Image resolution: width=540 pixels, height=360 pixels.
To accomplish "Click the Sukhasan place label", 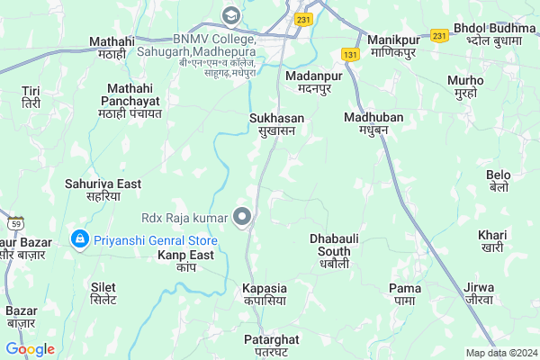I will click(x=277, y=124).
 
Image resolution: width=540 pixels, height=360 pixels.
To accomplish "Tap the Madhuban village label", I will click(x=373, y=123).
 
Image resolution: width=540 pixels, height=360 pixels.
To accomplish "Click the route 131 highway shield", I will click(x=349, y=55).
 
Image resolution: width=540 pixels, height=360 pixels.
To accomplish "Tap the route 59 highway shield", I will click(x=14, y=221).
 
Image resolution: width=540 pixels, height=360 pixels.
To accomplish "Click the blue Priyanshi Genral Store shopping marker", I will click(x=79, y=240).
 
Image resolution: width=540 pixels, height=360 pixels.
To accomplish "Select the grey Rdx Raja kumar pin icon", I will click(x=241, y=217).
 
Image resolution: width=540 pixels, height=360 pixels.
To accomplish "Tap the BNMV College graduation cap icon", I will click(x=231, y=15).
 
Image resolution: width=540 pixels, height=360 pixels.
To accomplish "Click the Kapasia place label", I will click(x=265, y=293).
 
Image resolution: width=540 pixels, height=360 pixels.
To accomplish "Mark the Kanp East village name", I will click(x=186, y=262).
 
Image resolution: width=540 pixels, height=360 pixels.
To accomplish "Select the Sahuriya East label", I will click(x=103, y=190).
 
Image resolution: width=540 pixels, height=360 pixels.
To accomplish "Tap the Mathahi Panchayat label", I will click(x=134, y=100).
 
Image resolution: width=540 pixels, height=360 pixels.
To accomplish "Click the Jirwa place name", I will click(x=479, y=293).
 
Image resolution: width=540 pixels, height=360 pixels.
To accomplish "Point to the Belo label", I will click(x=498, y=181).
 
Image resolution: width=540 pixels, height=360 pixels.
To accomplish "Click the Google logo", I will click(x=30, y=349).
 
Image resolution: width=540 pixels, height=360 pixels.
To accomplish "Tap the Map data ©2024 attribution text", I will click(x=499, y=353).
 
